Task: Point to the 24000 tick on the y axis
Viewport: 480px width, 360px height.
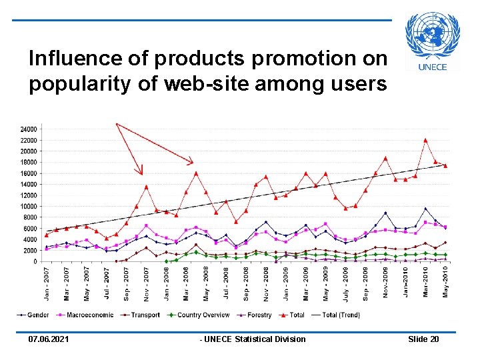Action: pos(28,129)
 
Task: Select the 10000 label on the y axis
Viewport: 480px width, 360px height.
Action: pos(28,206)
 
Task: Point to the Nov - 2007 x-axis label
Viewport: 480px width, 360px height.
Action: pos(146,283)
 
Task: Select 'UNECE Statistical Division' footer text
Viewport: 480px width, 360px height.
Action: pos(255,339)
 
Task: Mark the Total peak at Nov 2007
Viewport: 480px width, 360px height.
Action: pos(146,187)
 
